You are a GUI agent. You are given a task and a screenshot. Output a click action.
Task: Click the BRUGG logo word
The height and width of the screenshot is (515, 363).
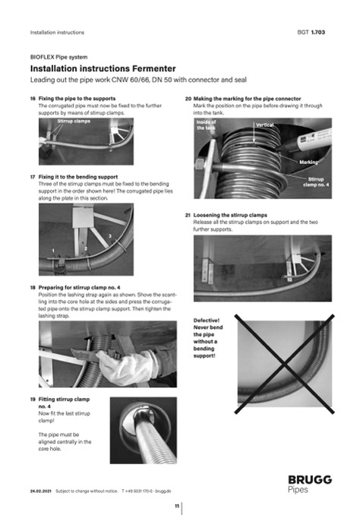point(310,480)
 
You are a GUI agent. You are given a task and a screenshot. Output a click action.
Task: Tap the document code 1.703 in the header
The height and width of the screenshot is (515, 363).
point(317,32)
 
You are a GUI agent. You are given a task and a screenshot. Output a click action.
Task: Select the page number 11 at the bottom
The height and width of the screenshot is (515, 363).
point(177,506)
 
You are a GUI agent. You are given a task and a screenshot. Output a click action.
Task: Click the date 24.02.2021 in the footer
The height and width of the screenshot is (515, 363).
point(41,491)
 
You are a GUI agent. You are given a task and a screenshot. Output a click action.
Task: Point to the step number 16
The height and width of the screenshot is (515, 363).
point(33,99)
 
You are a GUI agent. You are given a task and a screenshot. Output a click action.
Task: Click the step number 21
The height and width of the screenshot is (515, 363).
point(188,215)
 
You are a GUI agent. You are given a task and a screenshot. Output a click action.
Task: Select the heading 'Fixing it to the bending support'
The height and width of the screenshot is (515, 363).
point(78,177)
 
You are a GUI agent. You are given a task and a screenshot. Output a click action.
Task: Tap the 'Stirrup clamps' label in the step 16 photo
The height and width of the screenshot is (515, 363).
point(74,122)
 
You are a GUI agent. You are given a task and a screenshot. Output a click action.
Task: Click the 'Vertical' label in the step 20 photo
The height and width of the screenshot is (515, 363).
point(265,125)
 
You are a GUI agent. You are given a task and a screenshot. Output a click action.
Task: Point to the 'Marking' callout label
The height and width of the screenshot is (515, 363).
point(308,162)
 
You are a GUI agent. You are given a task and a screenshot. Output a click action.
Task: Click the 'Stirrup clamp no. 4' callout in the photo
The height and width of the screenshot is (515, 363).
point(316,182)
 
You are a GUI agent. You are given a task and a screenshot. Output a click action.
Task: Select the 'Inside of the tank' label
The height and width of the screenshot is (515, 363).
point(207,125)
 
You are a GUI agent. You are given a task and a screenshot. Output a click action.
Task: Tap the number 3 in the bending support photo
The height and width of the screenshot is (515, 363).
point(110,235)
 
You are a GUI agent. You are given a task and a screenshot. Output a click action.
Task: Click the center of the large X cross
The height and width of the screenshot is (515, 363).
point(285,364)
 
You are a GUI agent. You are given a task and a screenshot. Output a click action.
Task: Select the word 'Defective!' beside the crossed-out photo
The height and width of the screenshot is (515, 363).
point(207,321)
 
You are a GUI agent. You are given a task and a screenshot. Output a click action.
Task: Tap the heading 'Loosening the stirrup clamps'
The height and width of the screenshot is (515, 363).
point(230,215)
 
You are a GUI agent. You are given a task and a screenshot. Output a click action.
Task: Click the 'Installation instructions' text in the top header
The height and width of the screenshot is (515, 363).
point(57,32)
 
